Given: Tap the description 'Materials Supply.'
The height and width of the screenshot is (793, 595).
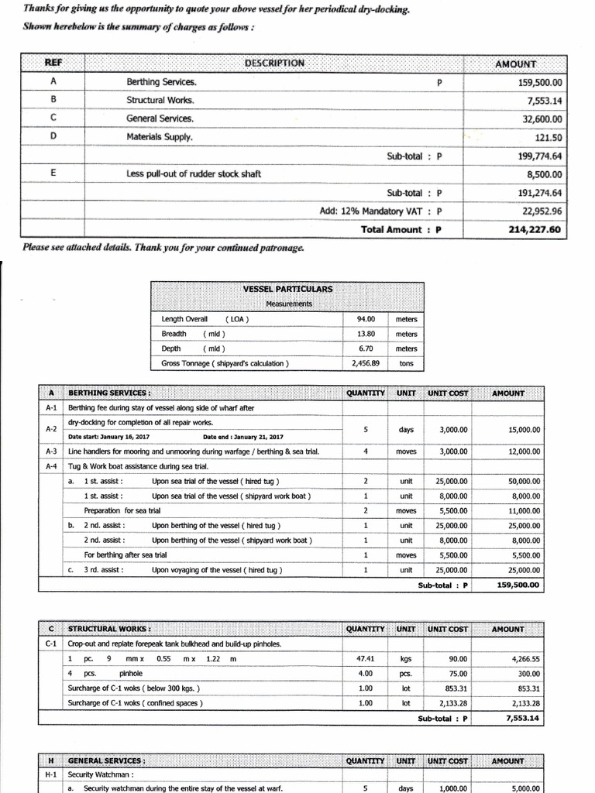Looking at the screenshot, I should coord(160,137).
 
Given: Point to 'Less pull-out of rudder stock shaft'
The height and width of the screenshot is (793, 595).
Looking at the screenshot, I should coord(194,174).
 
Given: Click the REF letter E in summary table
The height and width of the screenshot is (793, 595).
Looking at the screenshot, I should coord(53,173).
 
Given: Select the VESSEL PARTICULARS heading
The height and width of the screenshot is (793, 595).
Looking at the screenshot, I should coord(287,289).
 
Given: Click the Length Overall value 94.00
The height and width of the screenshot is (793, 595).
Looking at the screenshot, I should coord(365,319).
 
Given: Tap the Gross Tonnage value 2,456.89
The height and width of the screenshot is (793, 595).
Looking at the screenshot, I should coord(365,363).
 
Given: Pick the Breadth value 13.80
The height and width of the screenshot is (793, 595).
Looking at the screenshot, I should coord(365,334).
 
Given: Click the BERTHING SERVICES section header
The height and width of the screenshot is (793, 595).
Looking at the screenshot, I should coord(109,393).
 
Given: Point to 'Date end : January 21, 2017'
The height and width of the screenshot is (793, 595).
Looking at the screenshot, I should coord(243,437).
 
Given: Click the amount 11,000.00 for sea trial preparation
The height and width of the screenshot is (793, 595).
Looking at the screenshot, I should coord(524,511).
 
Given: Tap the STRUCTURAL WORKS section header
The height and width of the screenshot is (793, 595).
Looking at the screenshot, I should coord(110,630).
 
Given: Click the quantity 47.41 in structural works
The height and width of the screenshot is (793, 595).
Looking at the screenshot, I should coord(365,659).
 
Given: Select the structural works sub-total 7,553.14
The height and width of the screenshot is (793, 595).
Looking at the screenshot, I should coord(524,719).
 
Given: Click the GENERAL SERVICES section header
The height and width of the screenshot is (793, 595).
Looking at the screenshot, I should coord(107,761).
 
